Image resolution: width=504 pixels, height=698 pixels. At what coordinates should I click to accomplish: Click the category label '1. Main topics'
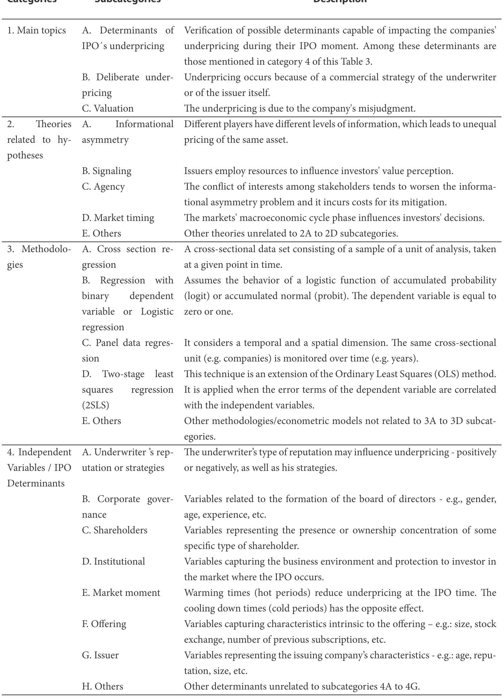[37, 31]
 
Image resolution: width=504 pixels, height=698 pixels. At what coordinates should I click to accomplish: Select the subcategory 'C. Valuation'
[107, 108]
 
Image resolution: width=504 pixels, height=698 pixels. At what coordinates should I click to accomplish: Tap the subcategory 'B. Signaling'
[107, 171]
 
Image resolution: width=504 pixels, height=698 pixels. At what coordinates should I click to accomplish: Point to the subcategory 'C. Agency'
[103, 187]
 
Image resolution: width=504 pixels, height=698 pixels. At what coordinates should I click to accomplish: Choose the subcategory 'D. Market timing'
[118, 218]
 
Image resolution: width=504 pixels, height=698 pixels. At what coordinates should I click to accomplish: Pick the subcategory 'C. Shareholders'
[114, 530]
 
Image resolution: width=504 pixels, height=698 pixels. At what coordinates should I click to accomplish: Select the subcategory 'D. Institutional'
[113, 561]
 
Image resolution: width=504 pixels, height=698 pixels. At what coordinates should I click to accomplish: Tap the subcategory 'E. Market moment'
[121, 593]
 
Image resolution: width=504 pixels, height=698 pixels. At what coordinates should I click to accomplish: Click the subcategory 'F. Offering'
[104, 624]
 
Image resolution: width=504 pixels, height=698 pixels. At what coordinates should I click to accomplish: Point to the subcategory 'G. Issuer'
[100, 655]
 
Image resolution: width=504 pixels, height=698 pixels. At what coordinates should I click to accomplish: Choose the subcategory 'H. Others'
[102, 686]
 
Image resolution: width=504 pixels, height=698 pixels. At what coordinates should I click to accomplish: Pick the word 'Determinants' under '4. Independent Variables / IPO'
[36, 483]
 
